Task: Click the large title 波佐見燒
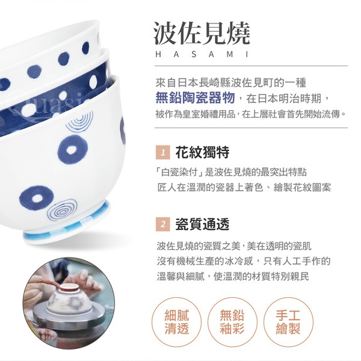[202, 33]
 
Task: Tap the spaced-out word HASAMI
[202, 55]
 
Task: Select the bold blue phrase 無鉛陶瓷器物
[195, 97]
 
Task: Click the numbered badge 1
[163, 152]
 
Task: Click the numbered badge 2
[163, 224]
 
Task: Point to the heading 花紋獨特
[202, 152]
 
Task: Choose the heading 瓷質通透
[202, 224]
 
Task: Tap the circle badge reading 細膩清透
[176, 322]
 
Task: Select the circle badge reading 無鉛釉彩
[232, 322]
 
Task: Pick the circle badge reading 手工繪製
[288, 322]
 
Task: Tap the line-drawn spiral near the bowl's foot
[62, 210]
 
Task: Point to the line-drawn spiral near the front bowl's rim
[79, 121]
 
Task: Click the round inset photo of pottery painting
[69, 303]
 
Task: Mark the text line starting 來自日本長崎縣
[230, 83]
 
